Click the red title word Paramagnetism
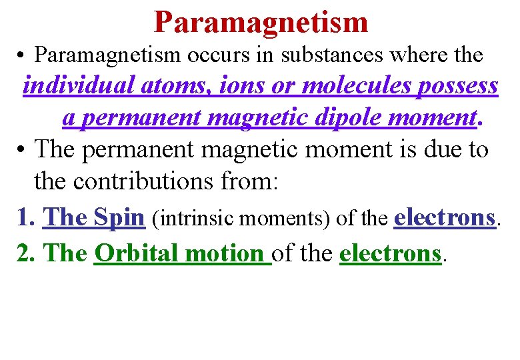[261, 21]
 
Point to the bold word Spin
[119, 217]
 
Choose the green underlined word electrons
[390, 253]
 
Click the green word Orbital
[137, 253]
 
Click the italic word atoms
[173, 86]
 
